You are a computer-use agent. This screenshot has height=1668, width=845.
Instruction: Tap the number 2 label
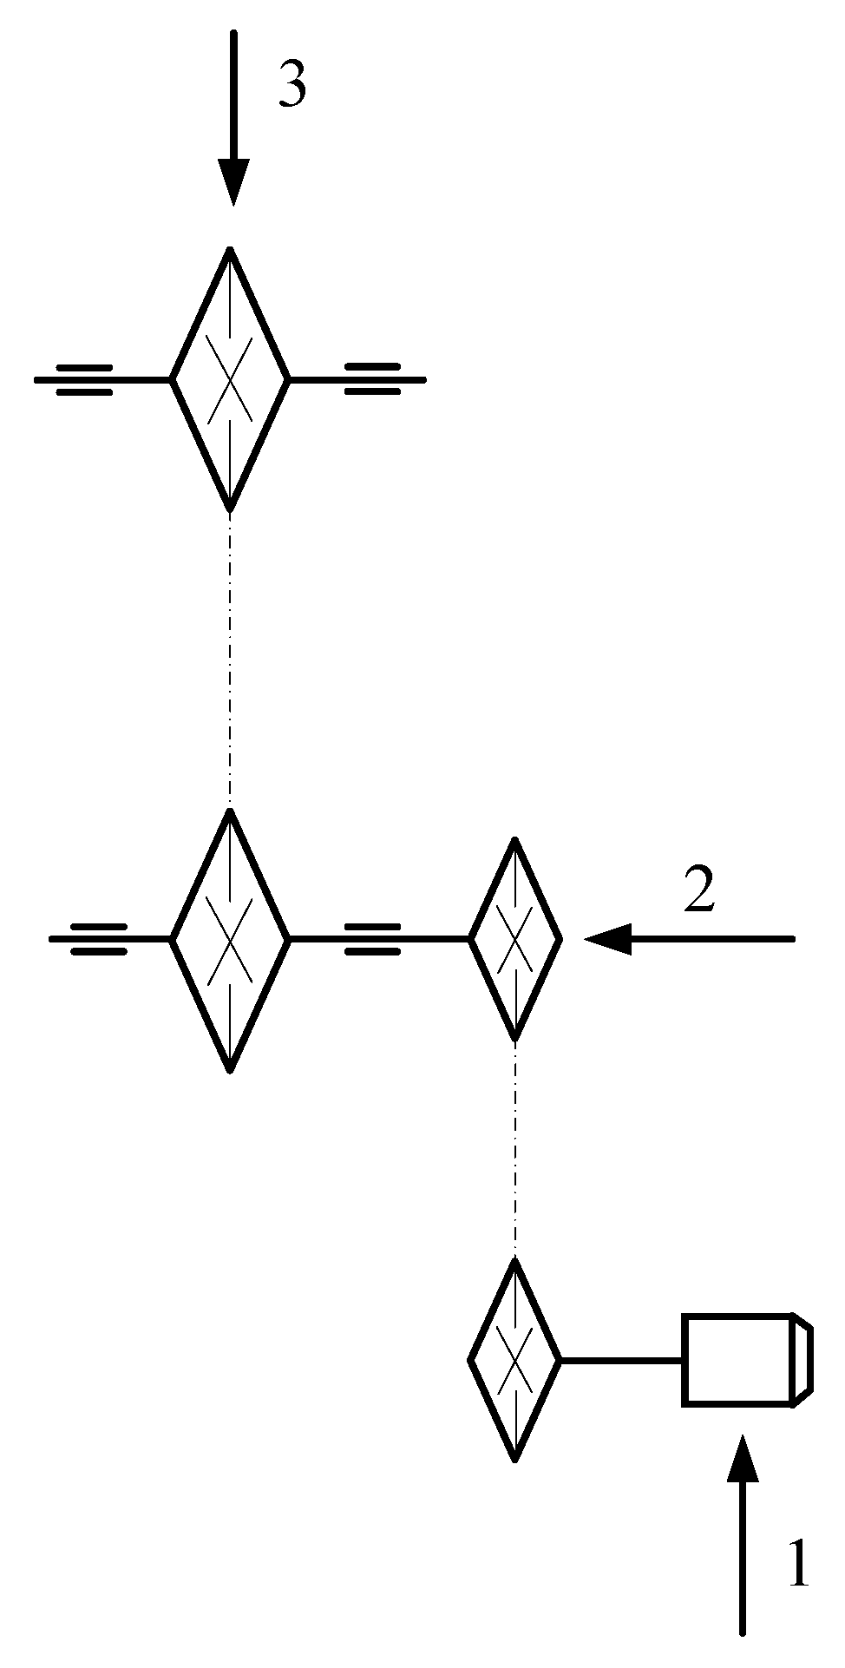[699, 892]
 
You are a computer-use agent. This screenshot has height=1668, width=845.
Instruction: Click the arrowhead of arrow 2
[607, 938]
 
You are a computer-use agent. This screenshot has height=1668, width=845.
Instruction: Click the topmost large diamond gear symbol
[230, 379]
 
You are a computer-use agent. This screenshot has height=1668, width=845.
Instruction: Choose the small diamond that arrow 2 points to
[515, 939]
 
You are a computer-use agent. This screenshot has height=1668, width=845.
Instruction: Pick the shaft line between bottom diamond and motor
[621, 1360]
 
